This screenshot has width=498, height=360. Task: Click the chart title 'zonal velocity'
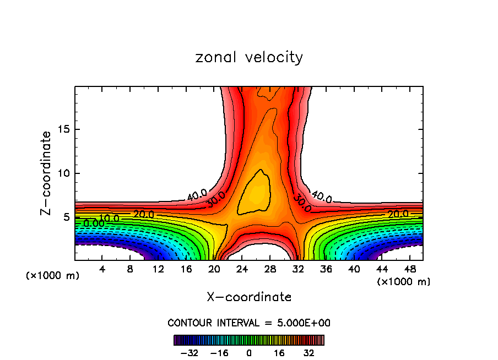pos(249,57)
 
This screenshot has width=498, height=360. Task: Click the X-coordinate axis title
pos(249,297)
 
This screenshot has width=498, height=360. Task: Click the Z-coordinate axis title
pos(47,173)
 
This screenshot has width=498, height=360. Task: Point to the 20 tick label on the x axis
pos(214,269)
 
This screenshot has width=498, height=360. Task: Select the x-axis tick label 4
pos(102,269)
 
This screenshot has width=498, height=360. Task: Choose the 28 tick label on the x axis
pos(270,269)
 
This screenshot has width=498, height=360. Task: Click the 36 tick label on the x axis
pos(326,269)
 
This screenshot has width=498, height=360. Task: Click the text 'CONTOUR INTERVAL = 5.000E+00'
pos(249,323)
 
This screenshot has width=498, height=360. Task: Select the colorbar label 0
pos(249,352)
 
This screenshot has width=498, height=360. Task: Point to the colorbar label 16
pos(279,352)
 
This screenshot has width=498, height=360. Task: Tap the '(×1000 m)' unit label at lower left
pos(53,276)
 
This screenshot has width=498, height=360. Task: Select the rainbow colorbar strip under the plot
pos(249,340)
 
